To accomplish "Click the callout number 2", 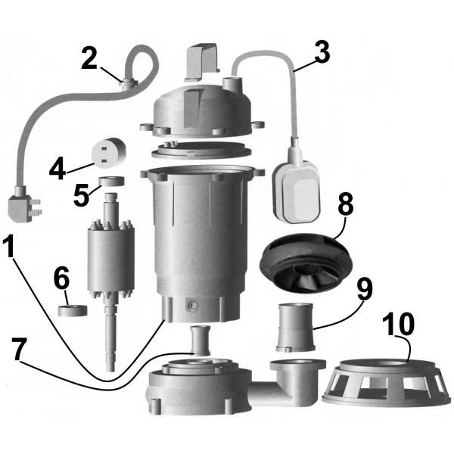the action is point(89,58).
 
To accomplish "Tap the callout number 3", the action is point(322,52).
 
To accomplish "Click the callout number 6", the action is point(61,278).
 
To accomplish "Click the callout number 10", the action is point(398,324).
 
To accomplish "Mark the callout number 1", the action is point(11,246).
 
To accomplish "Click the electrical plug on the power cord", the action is point(23,205).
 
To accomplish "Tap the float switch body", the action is point(297,192).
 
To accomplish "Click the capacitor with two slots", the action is point(108,152).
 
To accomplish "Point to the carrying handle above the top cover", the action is point(201,62).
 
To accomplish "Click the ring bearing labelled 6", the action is point(73,310).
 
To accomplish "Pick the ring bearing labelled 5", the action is point(111,182).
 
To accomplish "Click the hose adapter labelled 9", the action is point(295,327).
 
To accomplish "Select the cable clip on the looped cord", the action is point(128,83).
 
